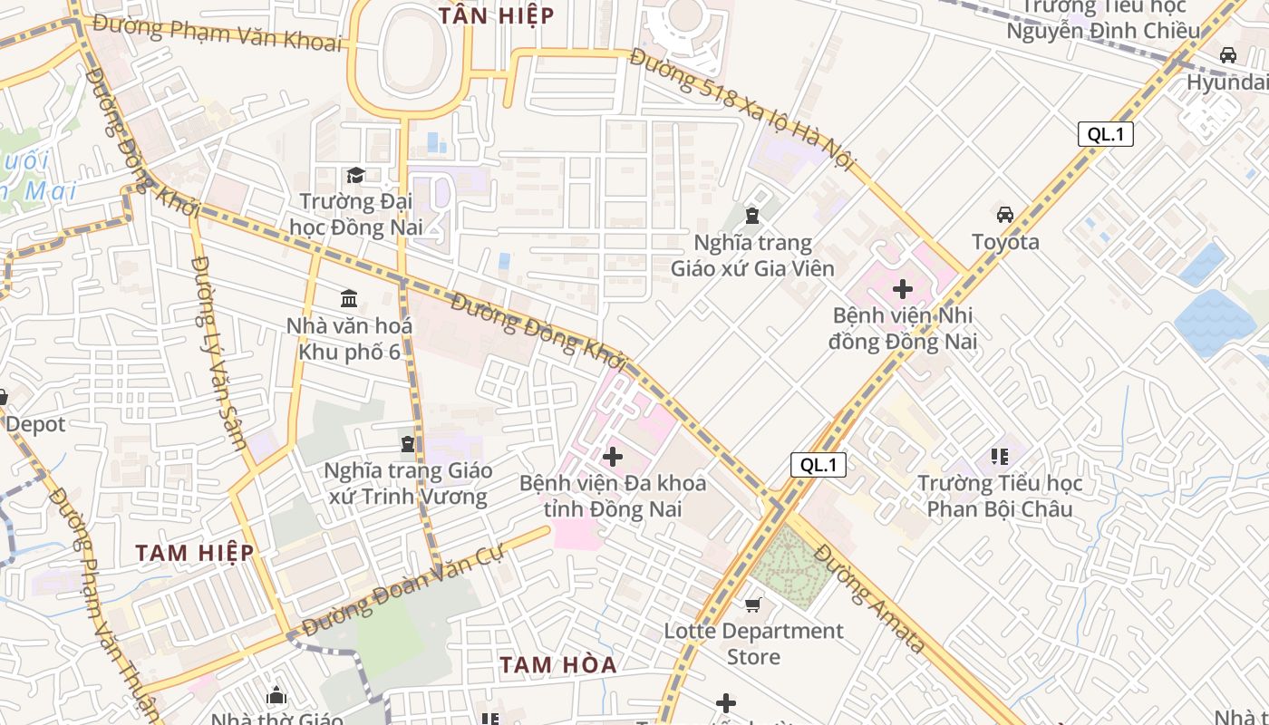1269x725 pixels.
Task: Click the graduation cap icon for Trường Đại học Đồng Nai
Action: pos(355,175)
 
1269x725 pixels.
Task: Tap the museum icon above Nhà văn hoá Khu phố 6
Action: pos(349,298)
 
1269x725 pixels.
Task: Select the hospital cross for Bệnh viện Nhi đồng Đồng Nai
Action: pos(903,290)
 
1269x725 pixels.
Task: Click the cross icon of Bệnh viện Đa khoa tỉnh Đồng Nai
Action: pos(613,457)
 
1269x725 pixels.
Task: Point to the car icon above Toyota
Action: pos(1005,215)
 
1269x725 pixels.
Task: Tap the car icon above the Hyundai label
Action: pos(1228,55)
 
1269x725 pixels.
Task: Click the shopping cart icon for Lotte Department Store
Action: pos(753,604)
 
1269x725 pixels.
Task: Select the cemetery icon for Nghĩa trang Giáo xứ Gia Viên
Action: pos(751,216)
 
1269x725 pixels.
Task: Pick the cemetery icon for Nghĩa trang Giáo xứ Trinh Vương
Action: pos(408,444)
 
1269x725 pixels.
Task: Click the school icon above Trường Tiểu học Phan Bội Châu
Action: pos(1000,456)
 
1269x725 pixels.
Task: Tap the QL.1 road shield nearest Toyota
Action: pos(1106,134)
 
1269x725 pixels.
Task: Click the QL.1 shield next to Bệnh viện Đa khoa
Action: pos(819,465)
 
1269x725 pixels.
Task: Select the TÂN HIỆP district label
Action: pos(496,15)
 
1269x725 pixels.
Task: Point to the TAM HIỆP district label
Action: pos(195,552)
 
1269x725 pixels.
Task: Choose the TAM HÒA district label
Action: pos(558,664)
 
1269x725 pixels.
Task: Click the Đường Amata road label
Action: pos(868,598)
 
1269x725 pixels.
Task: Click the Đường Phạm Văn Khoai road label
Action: pos(218,33)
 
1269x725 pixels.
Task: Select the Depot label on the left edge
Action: pos(34,423)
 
